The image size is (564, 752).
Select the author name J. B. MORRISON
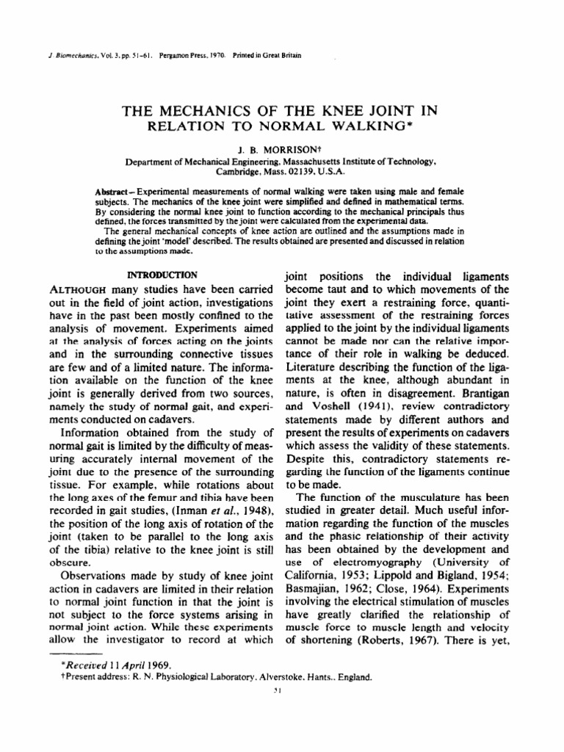tap(281, 146)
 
